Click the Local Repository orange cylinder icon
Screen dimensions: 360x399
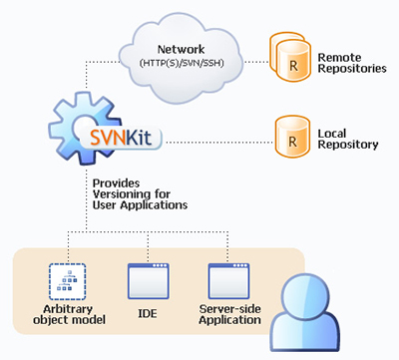[290, 136]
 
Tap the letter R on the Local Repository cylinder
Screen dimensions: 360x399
[290, 141]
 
